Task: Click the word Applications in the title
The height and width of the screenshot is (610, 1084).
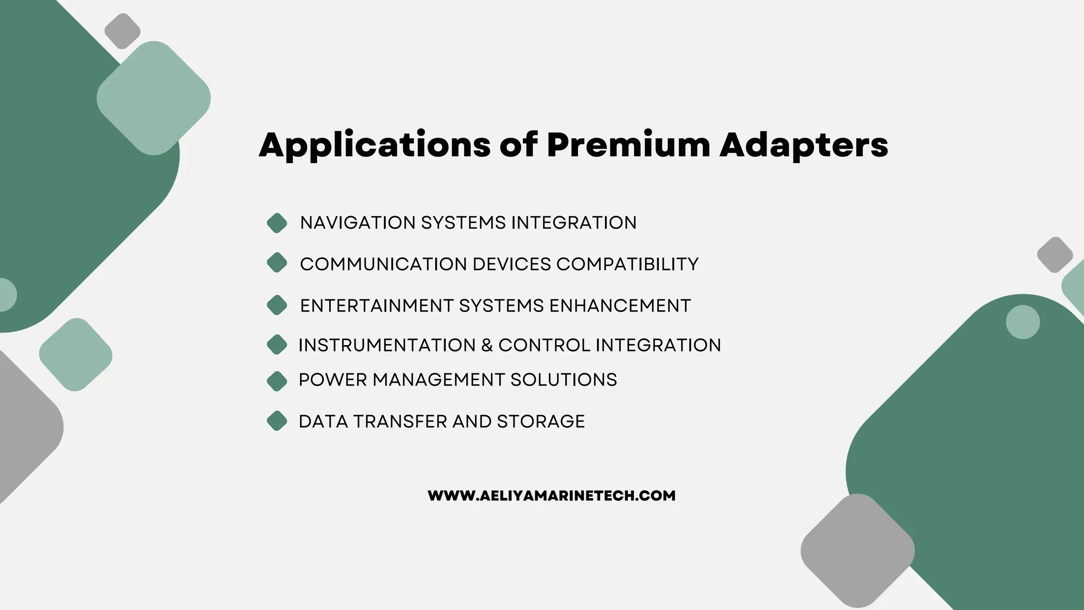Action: tap(374, 145)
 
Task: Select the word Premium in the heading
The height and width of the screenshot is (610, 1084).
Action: tap(628, 144)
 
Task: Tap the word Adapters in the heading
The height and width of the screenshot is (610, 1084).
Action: tap(803, 145)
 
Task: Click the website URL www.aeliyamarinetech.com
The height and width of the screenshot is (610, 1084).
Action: tap(552, 496)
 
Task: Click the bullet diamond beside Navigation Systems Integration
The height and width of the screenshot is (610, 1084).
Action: tap(277, 223)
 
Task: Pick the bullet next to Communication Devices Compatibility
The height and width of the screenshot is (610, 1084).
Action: tap(277, 263)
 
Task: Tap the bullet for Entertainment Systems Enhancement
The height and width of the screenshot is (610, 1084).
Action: tap(277, 305)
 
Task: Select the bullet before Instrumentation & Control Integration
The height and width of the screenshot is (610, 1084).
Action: tap(277, 345)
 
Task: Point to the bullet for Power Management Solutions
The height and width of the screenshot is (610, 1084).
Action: tap(277, 381)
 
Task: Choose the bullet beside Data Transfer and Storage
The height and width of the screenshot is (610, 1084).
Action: tap(277, 421)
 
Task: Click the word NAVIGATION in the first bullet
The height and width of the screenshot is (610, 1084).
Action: tap(358, 223)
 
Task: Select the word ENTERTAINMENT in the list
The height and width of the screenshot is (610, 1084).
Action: tap(376, 306)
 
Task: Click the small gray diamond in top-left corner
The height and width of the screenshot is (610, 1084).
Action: tap(122, 31)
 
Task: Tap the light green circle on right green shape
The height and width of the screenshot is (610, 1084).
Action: tap(1023, 322)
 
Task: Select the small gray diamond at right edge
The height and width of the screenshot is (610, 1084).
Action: tap(1054, 255)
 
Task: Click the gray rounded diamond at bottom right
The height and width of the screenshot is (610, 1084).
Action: tap(857, 551)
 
